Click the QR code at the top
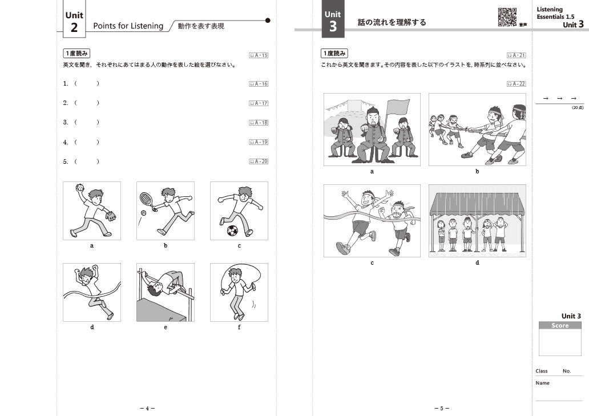[507, 17]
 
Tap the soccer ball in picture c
[232, 231]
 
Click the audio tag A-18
[259, 122]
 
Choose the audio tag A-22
[516, 84]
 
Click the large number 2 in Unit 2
[74, 28]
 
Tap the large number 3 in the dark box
[333, 27]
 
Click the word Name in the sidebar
[542, 383]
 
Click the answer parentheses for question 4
[87, 142]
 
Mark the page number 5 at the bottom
[442, 408]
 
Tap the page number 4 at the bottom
[147, 408]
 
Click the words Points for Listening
[128, 26]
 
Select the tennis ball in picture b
[143, 213]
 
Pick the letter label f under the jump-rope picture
[239, 327]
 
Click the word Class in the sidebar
[541, 371]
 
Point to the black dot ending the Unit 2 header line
[268, 21]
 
